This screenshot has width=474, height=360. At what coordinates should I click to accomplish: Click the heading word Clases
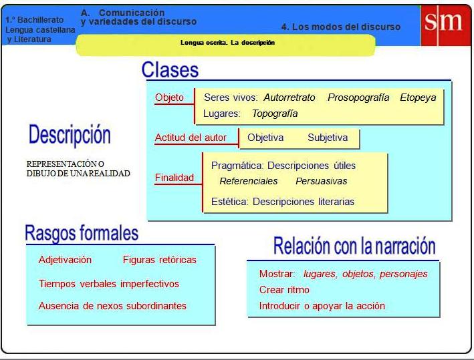[x=170, y=70]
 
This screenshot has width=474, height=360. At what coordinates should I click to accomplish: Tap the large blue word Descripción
[x=70, y=135]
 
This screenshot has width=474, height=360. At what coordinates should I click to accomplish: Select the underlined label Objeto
[x=169, y=98]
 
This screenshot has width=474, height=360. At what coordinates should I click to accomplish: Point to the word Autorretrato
[x=289, y=98]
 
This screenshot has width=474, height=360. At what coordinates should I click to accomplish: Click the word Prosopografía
[x=358, y=98]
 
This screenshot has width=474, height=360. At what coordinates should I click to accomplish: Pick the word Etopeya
[x=418, y=98]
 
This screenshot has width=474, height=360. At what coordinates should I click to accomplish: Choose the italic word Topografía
[x=275, y=114]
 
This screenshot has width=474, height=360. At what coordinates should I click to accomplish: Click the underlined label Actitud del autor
[x=191, y=138]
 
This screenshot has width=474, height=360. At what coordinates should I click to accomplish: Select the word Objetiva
[x=265, y=138]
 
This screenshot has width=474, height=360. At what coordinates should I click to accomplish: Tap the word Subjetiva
[x=328, y=138]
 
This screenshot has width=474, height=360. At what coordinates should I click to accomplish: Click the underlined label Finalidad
[x=174, y=178]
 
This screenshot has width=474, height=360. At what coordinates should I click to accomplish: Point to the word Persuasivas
[x=321, y=181]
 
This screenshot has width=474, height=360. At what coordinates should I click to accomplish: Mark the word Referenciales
[x=249, y=181]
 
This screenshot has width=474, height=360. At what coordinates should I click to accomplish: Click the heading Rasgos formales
[x=82, y=233]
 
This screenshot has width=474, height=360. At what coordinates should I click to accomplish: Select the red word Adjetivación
[x=65, y=260]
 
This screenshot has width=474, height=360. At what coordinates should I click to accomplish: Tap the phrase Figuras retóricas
[x=160, y=260]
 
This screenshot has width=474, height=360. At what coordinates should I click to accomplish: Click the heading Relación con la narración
[x=354, y=246]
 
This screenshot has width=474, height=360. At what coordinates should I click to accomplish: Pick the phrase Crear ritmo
[x=284, y=290]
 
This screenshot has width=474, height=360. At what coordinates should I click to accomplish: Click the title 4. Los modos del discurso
[x=341, y=27]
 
